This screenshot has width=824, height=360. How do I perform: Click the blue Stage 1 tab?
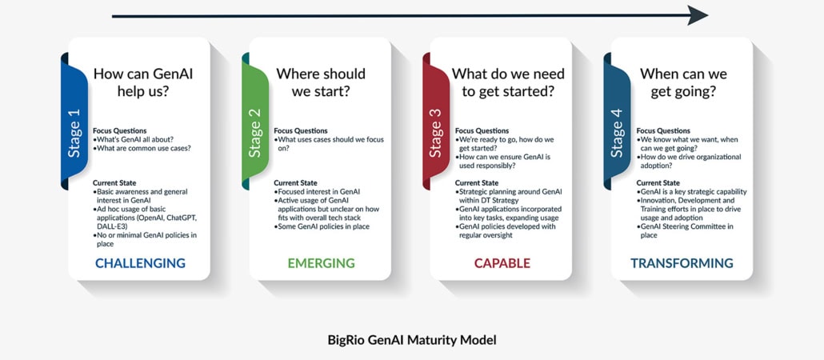74,121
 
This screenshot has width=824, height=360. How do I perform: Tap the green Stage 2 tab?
255,121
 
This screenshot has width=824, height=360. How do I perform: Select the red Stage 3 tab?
436,121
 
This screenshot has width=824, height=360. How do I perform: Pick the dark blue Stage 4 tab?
617,121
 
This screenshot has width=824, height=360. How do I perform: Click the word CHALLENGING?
140,263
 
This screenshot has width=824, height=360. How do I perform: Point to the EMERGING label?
321,263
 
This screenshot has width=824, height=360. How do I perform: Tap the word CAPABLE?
502,263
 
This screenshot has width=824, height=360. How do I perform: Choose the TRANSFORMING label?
682,263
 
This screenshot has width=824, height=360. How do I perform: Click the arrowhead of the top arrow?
698,16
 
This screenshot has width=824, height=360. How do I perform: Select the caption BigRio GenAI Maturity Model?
411,340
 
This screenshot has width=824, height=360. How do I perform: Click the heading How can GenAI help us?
143,82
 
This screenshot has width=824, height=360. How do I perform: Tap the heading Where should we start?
321,82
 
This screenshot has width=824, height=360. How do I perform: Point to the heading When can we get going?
683,82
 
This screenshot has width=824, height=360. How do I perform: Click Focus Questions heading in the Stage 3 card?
482,130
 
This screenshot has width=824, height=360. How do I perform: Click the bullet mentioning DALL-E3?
142,214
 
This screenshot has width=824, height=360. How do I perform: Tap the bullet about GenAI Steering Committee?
686,231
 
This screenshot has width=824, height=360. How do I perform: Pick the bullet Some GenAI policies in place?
321,226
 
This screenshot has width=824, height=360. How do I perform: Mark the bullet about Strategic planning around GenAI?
504,196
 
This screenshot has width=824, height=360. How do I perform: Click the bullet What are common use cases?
142,148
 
